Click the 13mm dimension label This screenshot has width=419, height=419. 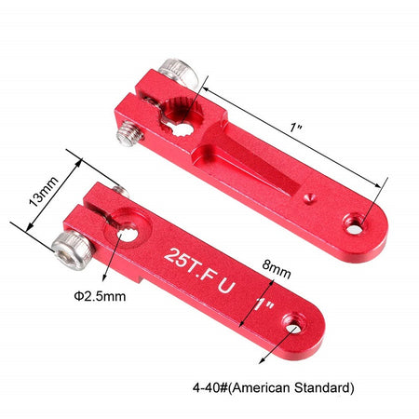43,192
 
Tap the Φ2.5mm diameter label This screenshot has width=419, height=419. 100,296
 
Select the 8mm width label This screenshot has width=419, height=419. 277,269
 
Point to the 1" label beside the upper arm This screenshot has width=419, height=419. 295,128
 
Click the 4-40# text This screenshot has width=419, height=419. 210,387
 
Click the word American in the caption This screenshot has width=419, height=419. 262,387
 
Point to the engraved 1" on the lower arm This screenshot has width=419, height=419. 264,304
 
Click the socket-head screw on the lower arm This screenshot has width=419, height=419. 74,250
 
